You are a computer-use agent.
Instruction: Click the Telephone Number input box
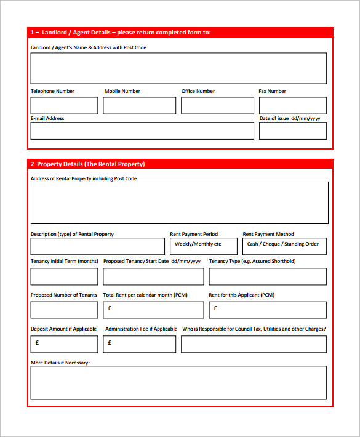point(64,106)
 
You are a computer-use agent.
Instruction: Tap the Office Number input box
point(217,106)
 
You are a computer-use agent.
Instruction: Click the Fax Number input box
point(292,106)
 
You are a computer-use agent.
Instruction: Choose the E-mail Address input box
point(142,131)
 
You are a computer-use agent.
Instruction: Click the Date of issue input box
point(292,131)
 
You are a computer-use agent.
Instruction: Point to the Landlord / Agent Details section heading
point(121,33)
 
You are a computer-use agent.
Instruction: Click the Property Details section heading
point(87,164)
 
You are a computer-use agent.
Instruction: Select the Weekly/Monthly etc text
point(198,244)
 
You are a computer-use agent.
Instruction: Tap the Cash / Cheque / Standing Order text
point(283,244)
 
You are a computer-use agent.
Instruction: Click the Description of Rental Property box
point(98,246)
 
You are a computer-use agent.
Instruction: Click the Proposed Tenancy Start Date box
point(153,276)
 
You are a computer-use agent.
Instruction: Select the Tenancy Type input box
point(268,276)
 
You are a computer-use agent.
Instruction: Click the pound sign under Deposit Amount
point(37,342)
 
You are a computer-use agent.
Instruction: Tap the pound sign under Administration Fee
point(110,342)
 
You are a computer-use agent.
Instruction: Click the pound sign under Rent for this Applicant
point(215,308)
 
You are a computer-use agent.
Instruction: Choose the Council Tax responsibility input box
point(254,343)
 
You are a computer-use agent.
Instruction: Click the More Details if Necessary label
point(60,363)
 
